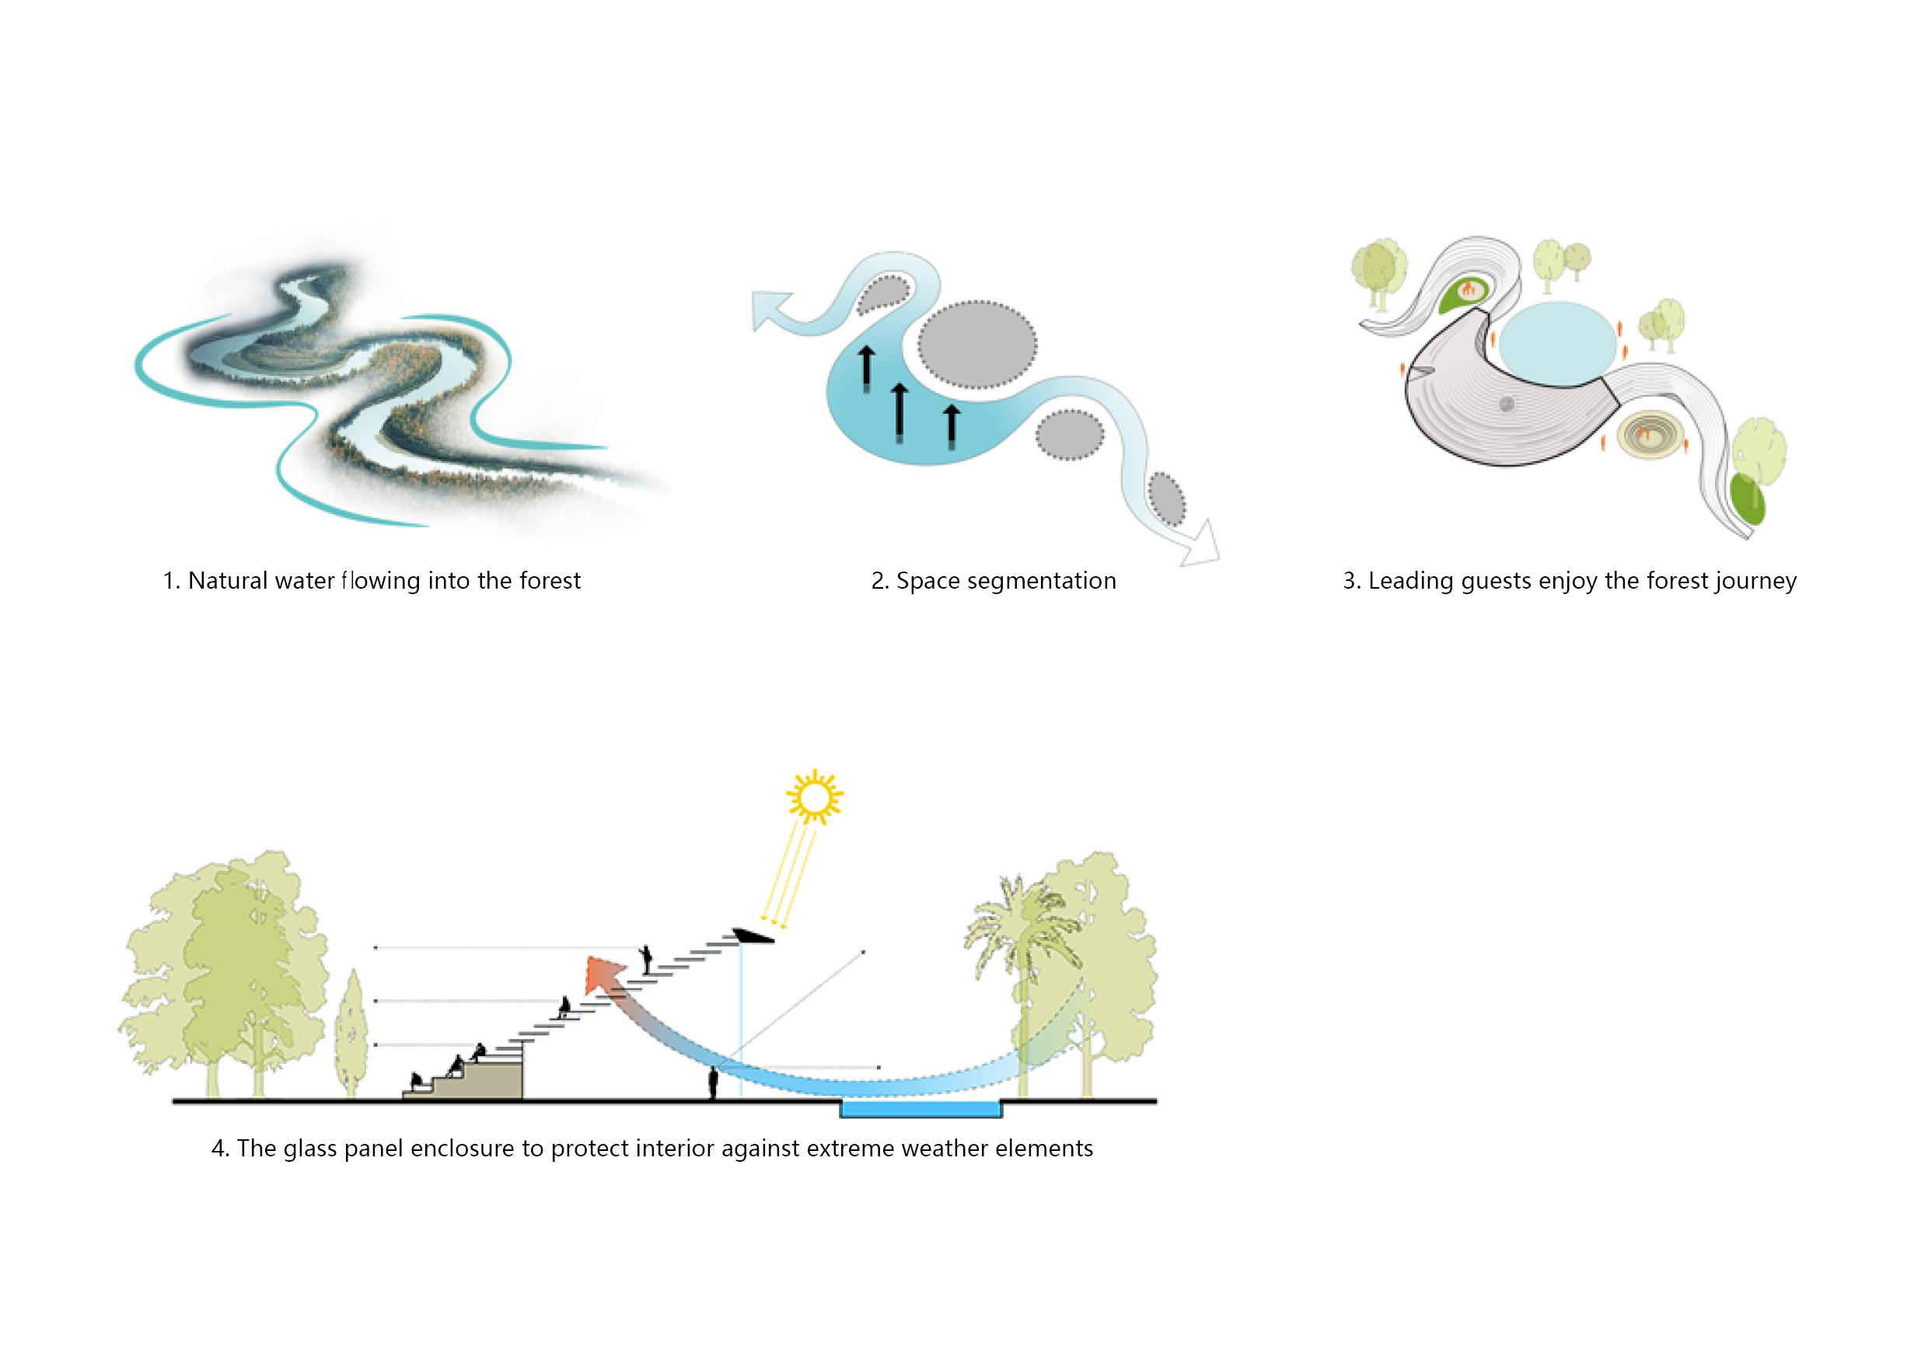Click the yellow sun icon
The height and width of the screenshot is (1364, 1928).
814,796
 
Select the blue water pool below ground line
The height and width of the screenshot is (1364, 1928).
920,1109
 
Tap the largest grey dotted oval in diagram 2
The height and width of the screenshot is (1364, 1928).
976,344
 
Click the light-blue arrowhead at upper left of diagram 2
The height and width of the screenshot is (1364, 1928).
768,308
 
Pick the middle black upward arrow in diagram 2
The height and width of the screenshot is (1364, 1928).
899,411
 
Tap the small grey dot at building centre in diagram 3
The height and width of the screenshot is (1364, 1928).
1507,404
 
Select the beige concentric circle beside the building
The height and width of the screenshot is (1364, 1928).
1650,434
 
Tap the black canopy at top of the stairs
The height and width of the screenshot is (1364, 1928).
753,936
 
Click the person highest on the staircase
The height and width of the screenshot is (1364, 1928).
647,958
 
